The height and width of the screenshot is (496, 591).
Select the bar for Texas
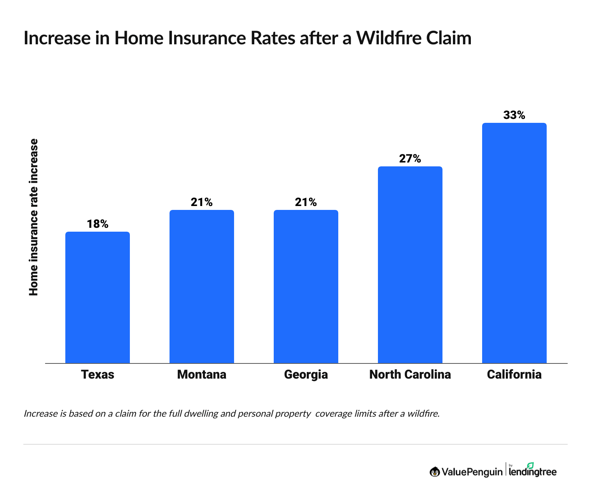[x=97, y=297]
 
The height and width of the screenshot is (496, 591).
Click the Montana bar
[x=201, y=286]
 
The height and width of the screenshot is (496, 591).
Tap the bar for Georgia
[x=306, y=286]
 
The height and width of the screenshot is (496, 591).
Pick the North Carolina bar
[x=410, y=265]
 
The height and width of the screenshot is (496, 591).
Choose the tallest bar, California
[x=514, y=243]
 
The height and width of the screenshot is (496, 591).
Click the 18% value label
[x=97, y=224]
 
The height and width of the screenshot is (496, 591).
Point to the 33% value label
[x=514, y=115]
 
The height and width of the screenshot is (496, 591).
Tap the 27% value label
[x=410, y=159]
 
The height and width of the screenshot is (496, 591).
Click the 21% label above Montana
[x=201, y=202]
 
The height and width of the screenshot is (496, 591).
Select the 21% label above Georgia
[x=306, y=202]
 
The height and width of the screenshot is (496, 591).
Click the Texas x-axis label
[x=97, y=374]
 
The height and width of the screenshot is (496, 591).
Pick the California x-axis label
[x=514, y=374]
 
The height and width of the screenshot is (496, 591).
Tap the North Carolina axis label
[x=410, y=374]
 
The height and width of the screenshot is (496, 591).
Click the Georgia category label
[x=306, y=375]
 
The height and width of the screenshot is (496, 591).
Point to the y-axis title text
[x=34, y=217]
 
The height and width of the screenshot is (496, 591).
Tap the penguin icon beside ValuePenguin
[x=434, y=472]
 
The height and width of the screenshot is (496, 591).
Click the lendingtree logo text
[x=533, y=472]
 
